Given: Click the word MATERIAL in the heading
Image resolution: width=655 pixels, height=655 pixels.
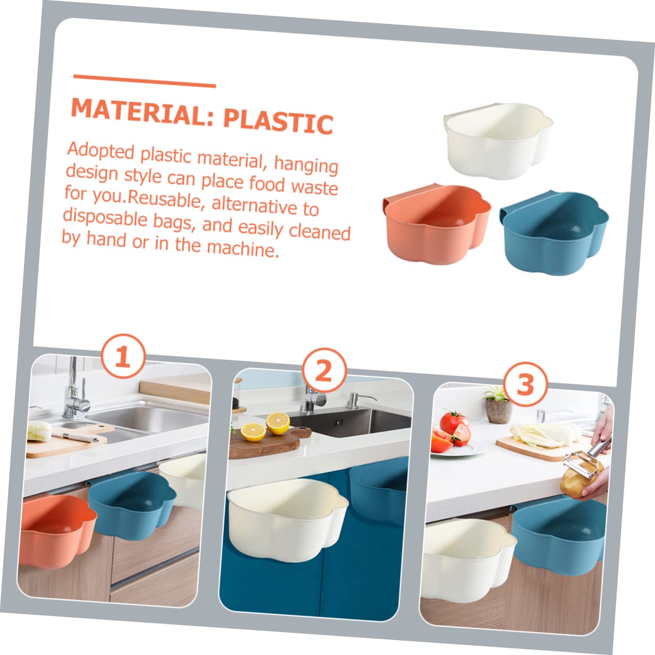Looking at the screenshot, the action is [143, 110].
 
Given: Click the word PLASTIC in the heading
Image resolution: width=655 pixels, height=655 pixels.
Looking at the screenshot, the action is [278, 121].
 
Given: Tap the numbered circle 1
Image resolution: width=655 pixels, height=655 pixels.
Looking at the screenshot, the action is [123, 356].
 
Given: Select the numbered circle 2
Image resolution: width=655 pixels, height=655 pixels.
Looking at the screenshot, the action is [324, 370].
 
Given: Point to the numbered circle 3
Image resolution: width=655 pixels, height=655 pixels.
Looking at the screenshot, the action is [526, 384].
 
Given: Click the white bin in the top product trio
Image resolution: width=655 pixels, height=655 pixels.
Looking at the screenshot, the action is [498, 141].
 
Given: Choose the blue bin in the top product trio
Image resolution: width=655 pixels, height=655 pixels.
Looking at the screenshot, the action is [554, 233].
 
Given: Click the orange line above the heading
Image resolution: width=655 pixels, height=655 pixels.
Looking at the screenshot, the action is [145, 81].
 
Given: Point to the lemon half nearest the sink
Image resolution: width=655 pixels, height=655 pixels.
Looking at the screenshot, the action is [278, 423].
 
